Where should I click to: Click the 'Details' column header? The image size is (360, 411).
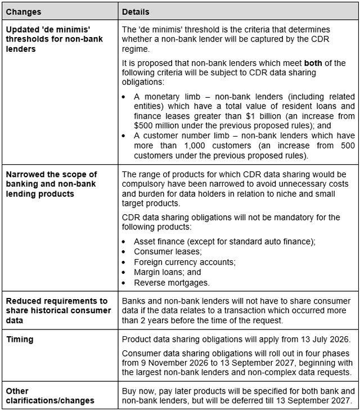135,11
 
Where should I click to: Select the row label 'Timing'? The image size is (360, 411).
20,340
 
